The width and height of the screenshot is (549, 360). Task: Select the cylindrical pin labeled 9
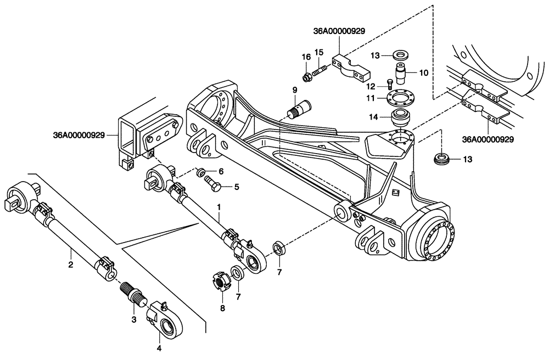299,104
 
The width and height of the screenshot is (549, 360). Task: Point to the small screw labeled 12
389,83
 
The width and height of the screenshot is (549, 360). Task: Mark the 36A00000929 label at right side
488,139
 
